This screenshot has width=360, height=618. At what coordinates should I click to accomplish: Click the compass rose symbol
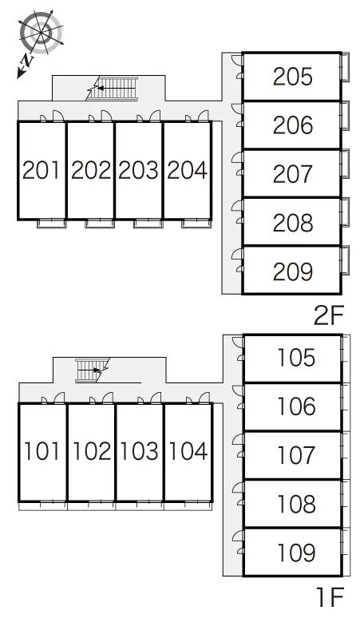41,33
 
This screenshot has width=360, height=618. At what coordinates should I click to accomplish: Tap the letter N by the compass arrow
27,61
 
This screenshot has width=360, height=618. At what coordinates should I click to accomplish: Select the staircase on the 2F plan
113,89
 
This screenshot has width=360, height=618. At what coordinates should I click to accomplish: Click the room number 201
42,170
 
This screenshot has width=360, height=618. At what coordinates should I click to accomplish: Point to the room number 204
187,170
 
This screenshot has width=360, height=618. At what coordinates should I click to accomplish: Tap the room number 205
293,77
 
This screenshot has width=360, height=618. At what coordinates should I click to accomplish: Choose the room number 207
293,174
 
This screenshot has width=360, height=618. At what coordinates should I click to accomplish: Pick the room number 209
293,271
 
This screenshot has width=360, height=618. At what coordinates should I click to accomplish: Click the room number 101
42,451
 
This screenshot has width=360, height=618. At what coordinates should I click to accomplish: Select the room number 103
139,451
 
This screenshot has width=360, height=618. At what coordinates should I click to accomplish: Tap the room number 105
297,358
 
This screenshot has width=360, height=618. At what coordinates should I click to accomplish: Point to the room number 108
297,503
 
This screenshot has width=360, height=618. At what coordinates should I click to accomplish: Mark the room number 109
297,553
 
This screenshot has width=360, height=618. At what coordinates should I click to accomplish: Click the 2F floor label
329,315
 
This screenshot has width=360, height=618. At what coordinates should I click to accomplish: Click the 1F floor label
330,596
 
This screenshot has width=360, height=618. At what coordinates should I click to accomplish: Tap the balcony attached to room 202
100,224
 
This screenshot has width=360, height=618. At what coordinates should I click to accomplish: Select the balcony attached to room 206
345,116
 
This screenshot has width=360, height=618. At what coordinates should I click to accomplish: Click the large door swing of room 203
155,116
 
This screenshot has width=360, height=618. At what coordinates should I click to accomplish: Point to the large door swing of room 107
239,439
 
